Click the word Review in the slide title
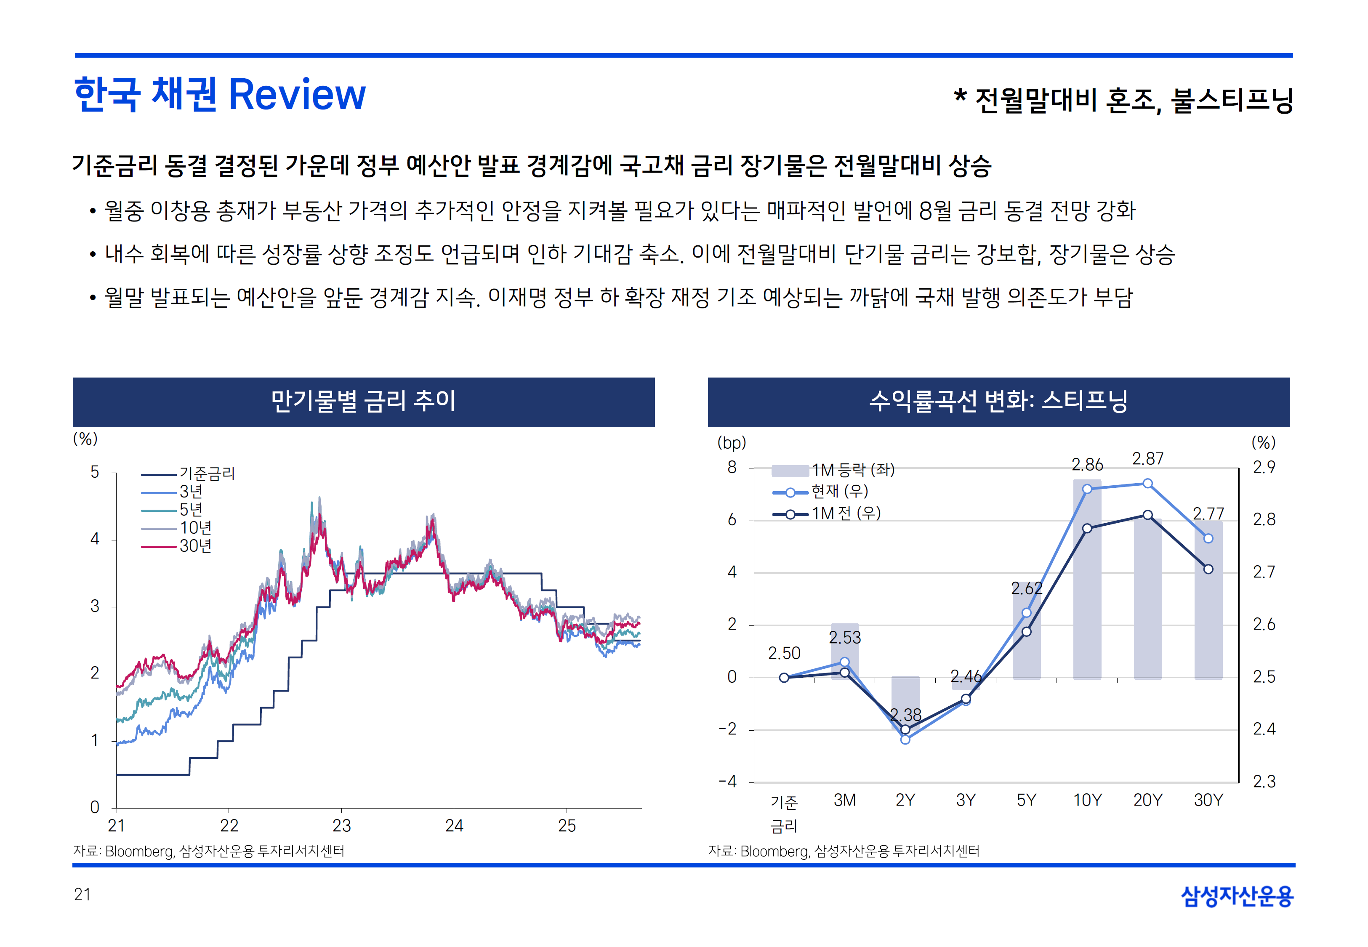(x=297, y=95)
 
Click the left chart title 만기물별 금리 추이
(x=363, y=401)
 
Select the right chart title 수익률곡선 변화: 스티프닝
(x=998, y=401)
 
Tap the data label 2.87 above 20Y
(x=1147, y=459)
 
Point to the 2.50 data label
(x=784, y=653)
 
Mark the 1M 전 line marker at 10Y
(x=1087, y=528)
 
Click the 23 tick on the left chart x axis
(x=342, y=825)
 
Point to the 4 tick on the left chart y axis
(x=95, y=539)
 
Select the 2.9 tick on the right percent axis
(x=1264, y=468)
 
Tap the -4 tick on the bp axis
(x=729, y=782)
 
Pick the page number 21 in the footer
(x=83, y=894)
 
